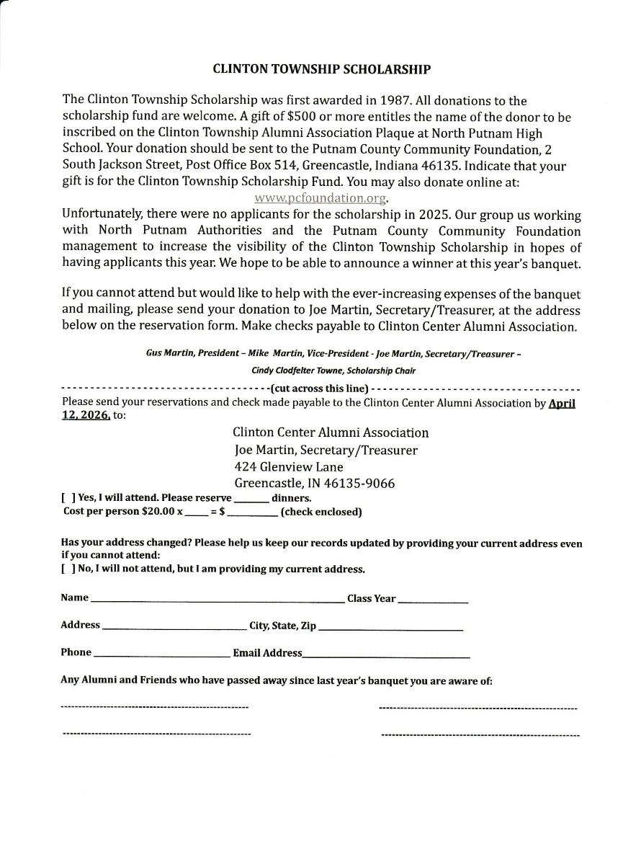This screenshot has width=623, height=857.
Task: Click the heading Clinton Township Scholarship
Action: click(x=322, y=70)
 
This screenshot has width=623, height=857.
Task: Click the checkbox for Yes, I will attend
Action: click(x=66, y=498)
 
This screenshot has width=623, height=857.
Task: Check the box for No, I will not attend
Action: click(x=66, y=569)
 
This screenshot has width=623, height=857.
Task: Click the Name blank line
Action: click(x=217, y=600)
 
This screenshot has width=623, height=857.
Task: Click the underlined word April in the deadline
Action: click(x=562, y=404)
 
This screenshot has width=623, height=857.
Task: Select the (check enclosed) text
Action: click(x=321, y=512)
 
